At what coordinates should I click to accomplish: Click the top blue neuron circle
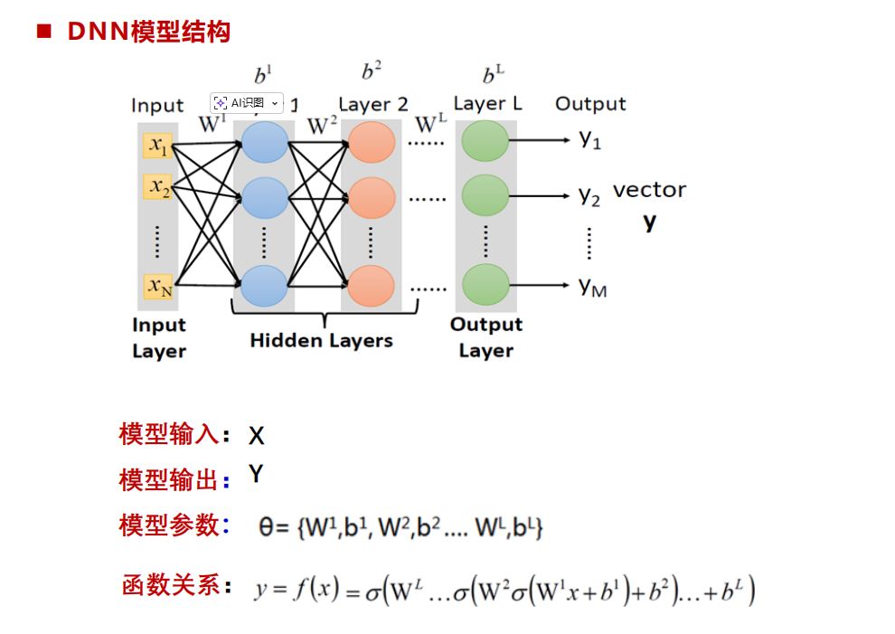coord(265,142)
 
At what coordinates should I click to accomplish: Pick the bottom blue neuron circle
coord(265,286)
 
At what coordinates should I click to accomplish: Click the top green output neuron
coord(485,141)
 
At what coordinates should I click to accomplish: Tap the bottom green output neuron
coord(485,285)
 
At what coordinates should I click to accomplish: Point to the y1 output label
coord(590,140)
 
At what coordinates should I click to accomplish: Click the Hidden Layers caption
coord(321,341)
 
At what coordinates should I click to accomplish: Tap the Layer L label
coord(487,103)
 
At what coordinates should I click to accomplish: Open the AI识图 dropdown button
coord(247,103)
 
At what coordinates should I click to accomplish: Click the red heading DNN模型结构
coord(148,33)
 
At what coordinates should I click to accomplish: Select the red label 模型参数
coord(169,525)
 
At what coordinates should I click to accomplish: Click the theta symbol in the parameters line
coord(268,526)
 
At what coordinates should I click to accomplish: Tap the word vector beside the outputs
coord(649,191)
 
